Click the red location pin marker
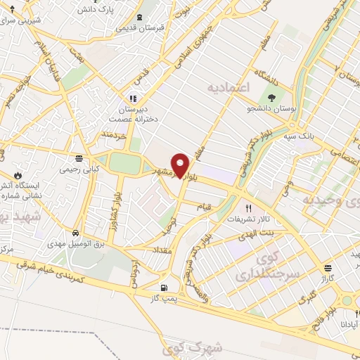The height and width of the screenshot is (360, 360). click(181, 165)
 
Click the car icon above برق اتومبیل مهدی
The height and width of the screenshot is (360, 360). click(76, 231)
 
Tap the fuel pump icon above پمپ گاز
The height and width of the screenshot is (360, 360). click(165, 287)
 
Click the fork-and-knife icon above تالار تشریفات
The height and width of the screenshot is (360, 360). click(247, 209)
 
